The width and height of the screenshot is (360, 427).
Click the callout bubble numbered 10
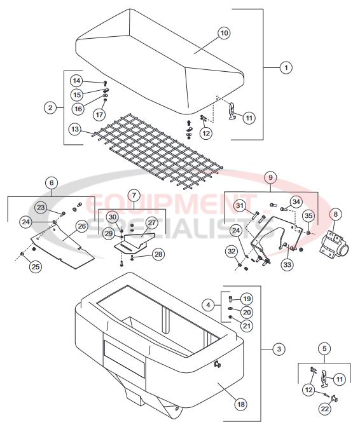(x=223, y=32)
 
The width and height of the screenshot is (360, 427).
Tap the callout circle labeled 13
(x=75, y=130)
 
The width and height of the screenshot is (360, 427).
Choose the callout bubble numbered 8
(x=335, y=214)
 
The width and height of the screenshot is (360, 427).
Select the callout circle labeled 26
(x=81, y=226)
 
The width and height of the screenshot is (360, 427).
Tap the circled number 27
(x=152, y=222)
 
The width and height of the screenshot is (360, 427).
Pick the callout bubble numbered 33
(x=288, y=264)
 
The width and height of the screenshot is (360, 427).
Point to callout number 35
(x=308, y=215)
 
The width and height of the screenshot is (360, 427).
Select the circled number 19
(x=247, y=299)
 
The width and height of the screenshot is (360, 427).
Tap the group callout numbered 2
(x=50, y=107)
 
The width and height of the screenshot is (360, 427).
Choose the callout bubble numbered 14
(x=76, y=81)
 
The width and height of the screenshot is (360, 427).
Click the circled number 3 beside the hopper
(x=278, y=349)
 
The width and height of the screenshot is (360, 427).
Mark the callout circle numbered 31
(x=240, y=205)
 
